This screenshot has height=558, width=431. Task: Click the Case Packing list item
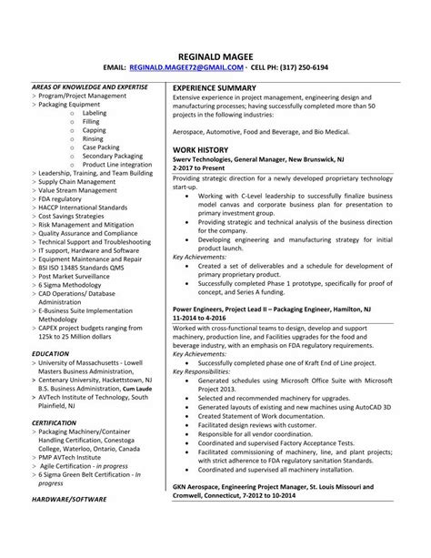(x=101, y=146)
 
